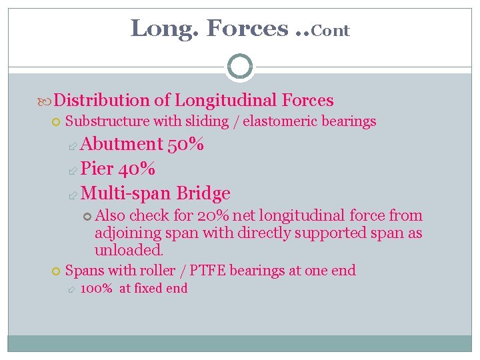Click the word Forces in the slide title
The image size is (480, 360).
tap(247, 28)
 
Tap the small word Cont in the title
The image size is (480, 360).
tap(330, 31)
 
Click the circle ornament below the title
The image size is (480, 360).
tap(240, 67)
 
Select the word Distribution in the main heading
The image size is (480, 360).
tap(102, 100)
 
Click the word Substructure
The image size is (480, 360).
tap(107, 121)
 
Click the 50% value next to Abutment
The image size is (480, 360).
tap(186, 144)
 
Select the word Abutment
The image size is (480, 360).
tap(122, 144)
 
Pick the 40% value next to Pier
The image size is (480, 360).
tap(138, 169)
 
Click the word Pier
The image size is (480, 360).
tap(97, 169)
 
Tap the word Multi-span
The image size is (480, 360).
tap(125, 193)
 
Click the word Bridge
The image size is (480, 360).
tap(203, 193)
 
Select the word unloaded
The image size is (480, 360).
tap(129, 251)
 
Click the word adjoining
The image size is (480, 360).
tap(127, 233)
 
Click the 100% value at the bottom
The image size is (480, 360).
tap(96, 289)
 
